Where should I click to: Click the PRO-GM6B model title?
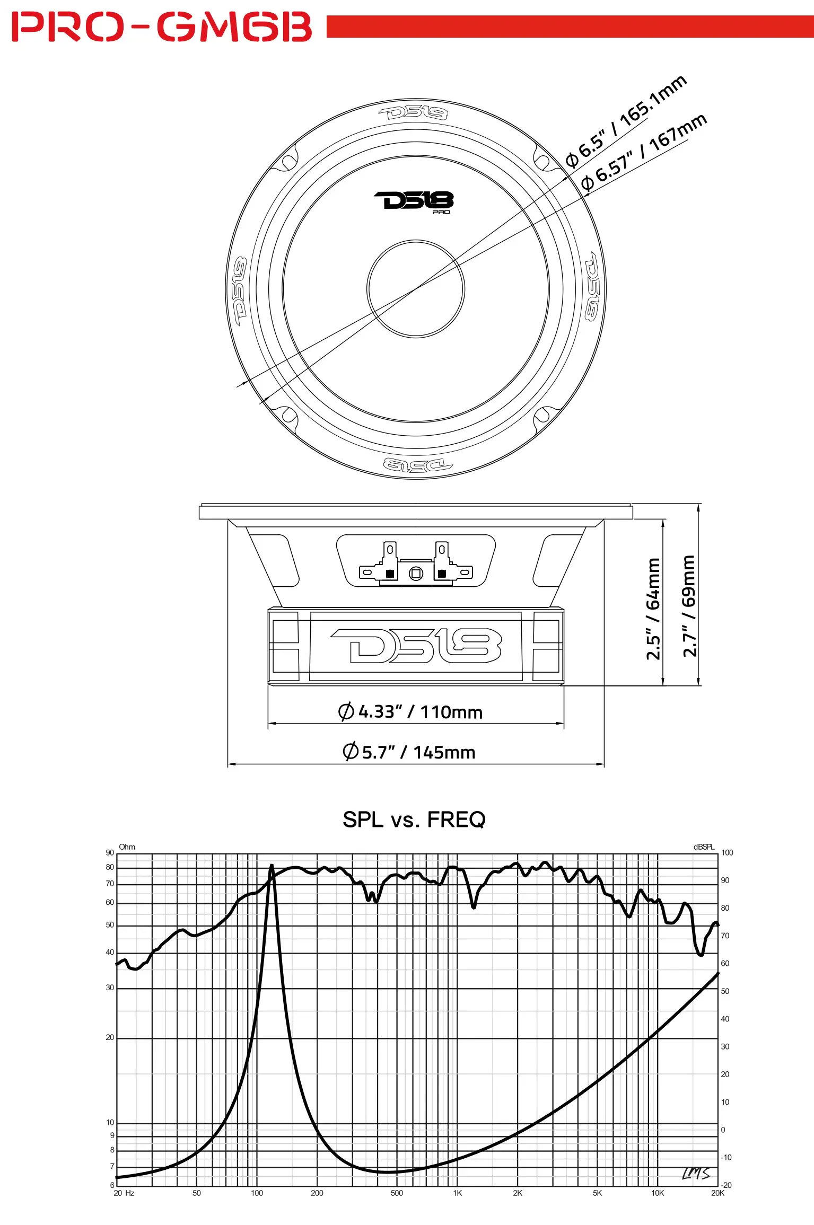click(x=162, y=27)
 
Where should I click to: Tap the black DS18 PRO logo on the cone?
click(x=414, y=201)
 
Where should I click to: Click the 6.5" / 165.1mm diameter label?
click(x=626, y=121)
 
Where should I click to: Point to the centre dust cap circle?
click(x=416, y=289)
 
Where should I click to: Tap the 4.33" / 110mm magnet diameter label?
click(x=410, y=711)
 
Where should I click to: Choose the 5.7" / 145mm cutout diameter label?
click(x=409, y=752)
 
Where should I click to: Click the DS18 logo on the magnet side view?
click(x=416, y=646)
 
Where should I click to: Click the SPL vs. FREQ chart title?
click(x=414, y=819)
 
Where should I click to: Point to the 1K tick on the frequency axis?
click(x=458, y=1193)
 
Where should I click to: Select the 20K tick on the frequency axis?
click(x=717, y=1193)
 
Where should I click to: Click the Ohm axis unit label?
click(x=127, y=847)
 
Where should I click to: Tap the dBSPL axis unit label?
click(x=704, y=847)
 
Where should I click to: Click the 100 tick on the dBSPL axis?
click(x=727, y=853)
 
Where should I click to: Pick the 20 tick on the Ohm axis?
click(x=110, y=1037)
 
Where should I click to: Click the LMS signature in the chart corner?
click(x=696, y=1174)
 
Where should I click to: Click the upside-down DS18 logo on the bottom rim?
click(x=417, y=465)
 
